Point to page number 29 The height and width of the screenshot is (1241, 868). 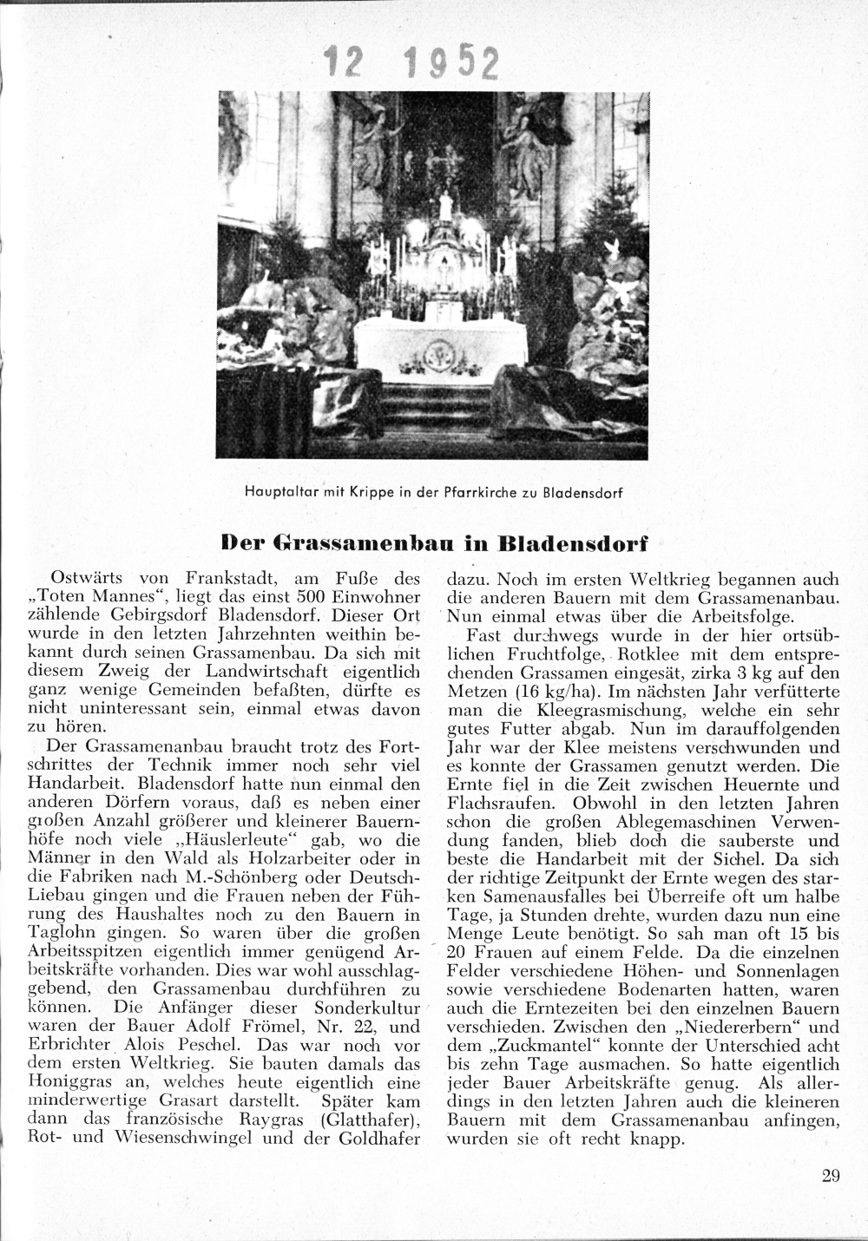(x=830, y=1176)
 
